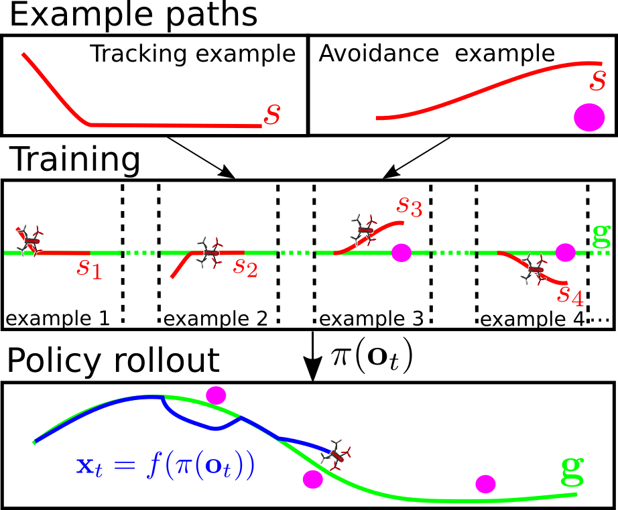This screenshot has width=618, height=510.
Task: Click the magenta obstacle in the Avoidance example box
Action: pyautogui.click(x=589, y=117)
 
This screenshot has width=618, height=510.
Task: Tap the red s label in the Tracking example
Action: pyautogui.click(x=272, y=114)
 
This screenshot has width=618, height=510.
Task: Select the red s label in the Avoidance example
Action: pyautogui.click(x=597, y=80)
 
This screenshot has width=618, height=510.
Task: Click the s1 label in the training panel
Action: pyautogui.click(x=89, y=269)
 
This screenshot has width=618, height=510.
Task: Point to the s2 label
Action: pyautogui.click(x=245, y=267)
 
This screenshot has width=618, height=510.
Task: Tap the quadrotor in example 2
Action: pyautogui.click(x=209, y=253)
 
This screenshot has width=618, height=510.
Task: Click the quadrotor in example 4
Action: pyautogui.click(x=534, y=269)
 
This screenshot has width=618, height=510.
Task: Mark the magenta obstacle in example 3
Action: pyautogui.click(x=401, y=252)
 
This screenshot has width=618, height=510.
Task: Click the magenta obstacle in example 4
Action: pyautogui.click(x=565, y=252)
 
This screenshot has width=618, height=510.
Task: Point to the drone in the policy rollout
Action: pyautogui.click(x=336, y=456)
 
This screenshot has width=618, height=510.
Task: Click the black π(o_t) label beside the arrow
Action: pyautogui.click(x=372, y=355)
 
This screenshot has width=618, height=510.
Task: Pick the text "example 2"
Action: pyautogui.click(x=216, y=318)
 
